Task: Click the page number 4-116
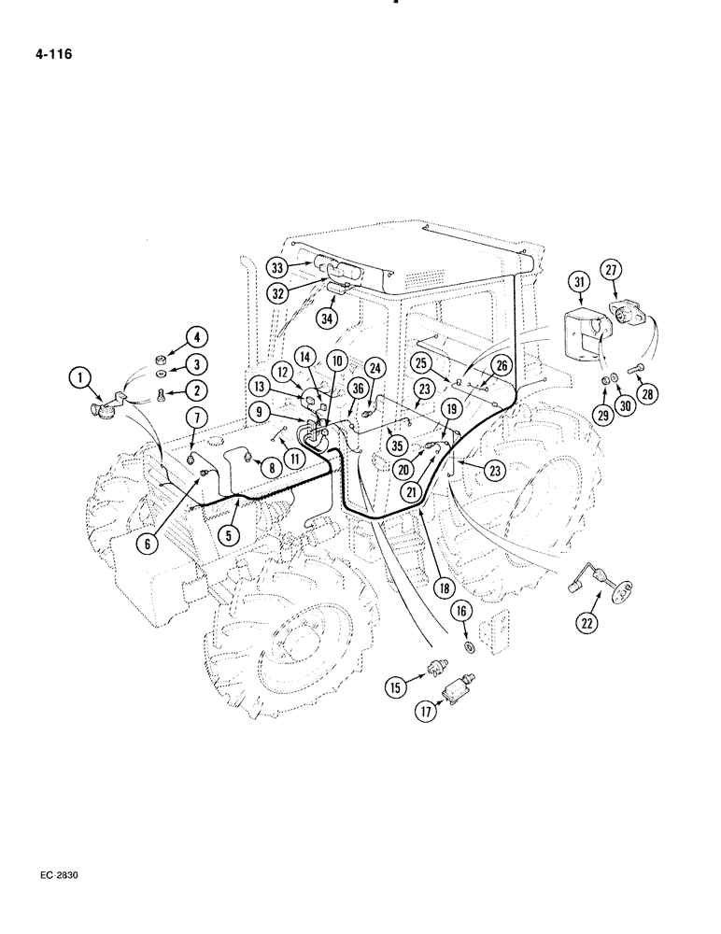click(50, 54)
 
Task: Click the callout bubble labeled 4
click(197, 336)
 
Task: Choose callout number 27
click(612, 271)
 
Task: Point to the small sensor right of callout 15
click(433, 669)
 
